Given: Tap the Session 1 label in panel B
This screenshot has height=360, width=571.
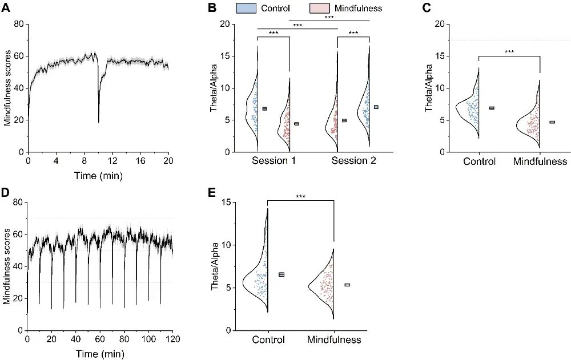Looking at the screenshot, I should pos(274,161).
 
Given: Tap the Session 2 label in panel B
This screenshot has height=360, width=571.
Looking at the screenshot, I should pos(354,161).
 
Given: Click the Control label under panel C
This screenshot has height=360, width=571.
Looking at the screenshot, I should pos(478,161).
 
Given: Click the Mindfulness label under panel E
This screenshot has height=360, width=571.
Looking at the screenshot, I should pos(334,340).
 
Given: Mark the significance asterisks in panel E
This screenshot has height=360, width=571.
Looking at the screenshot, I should pos(300,197).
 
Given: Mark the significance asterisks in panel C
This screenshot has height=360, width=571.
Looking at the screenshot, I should pos(509,52).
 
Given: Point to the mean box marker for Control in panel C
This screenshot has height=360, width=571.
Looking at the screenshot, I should pos(491,108).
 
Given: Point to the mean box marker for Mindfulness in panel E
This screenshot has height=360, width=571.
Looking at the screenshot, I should pos(347,285).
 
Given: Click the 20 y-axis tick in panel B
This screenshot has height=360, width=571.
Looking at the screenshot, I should pos(224,25).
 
